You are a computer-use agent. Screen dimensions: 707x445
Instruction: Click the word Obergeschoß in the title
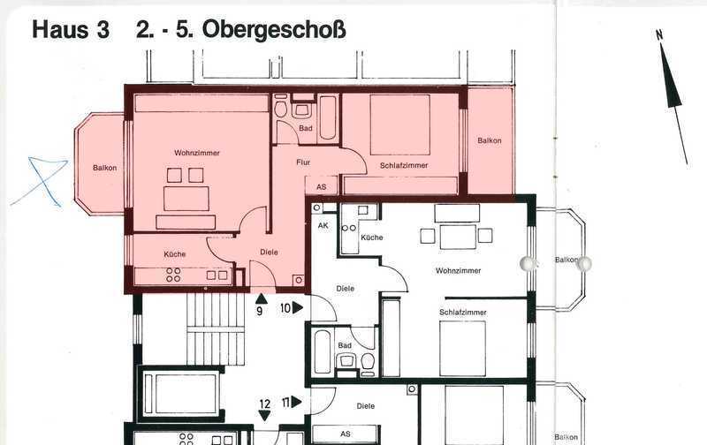click(x=274, y=30)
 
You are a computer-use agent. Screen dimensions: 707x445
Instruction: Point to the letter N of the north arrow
click(x=659, y=35)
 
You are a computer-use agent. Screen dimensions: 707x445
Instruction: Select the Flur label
click(x=303, y=162)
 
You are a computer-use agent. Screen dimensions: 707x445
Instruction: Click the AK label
click(x=323, y=225)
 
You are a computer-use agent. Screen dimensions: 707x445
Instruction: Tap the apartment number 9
click(x=259, y=311)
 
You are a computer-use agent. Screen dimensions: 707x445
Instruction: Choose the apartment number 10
click(x=285, y=308)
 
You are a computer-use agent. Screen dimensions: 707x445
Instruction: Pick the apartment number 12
click(x=264, y=404)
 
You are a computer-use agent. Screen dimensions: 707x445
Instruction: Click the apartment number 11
click(x=285, y=402)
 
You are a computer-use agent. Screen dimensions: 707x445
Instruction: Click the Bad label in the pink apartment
click(x=305, y=128)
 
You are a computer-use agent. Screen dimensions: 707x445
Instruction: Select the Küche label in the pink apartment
click(x=175, y=254)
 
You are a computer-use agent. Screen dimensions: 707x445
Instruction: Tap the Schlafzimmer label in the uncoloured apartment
click(x=463, y=313)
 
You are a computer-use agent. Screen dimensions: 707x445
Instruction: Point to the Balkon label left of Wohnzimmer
click(x=104, y=168)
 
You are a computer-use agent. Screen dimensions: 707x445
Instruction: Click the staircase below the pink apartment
click(x=216, y=329)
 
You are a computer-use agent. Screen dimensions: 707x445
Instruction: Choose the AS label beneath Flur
click(x=321, y=186)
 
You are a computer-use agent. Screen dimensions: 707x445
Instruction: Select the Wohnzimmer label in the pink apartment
click(x=197, y=153)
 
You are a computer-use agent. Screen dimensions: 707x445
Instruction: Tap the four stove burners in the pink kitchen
click(x=173, y=275)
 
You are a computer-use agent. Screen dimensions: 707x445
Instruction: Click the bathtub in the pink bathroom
click(x=327, y=118)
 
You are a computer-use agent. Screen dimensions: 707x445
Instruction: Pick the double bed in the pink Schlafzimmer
click(x=400, y=124)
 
